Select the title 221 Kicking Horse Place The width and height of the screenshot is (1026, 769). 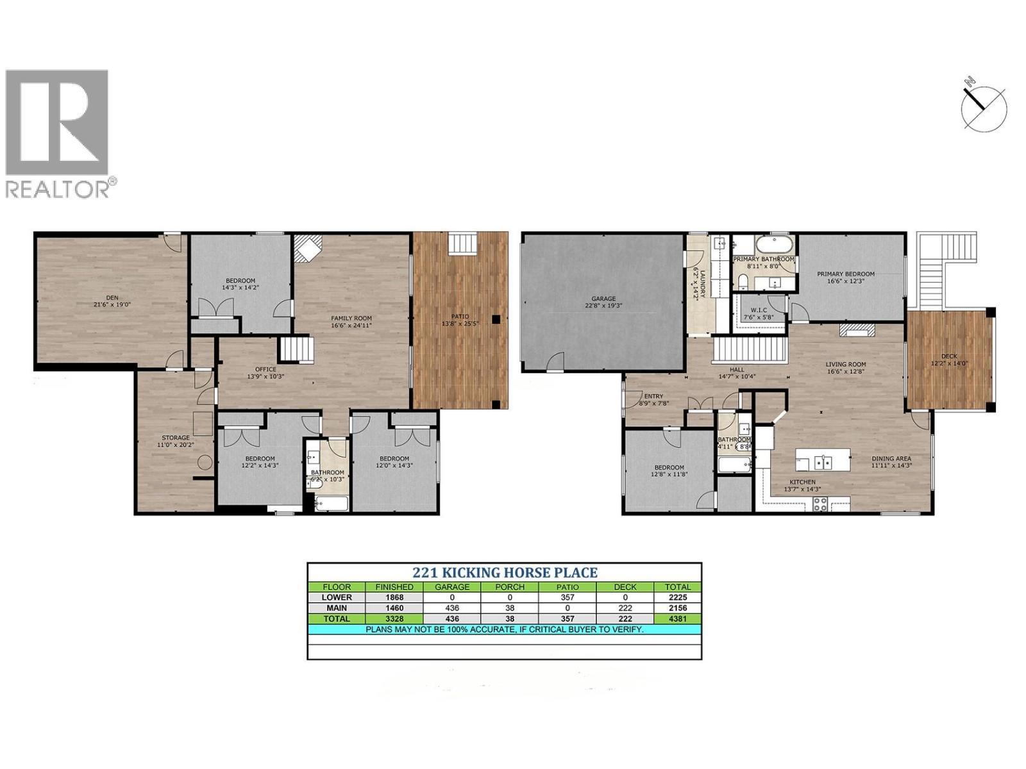505,573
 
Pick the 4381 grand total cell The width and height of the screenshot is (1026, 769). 677,618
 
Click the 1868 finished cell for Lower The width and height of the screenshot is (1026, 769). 394,597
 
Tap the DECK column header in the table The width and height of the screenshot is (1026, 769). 625,586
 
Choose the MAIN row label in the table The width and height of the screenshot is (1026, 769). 337,608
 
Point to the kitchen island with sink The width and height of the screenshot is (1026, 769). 823,461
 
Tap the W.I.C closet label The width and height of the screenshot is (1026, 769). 758,313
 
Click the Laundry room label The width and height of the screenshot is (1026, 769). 700,283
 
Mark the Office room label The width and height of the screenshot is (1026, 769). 265,372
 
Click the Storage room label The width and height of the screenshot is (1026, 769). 174,441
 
